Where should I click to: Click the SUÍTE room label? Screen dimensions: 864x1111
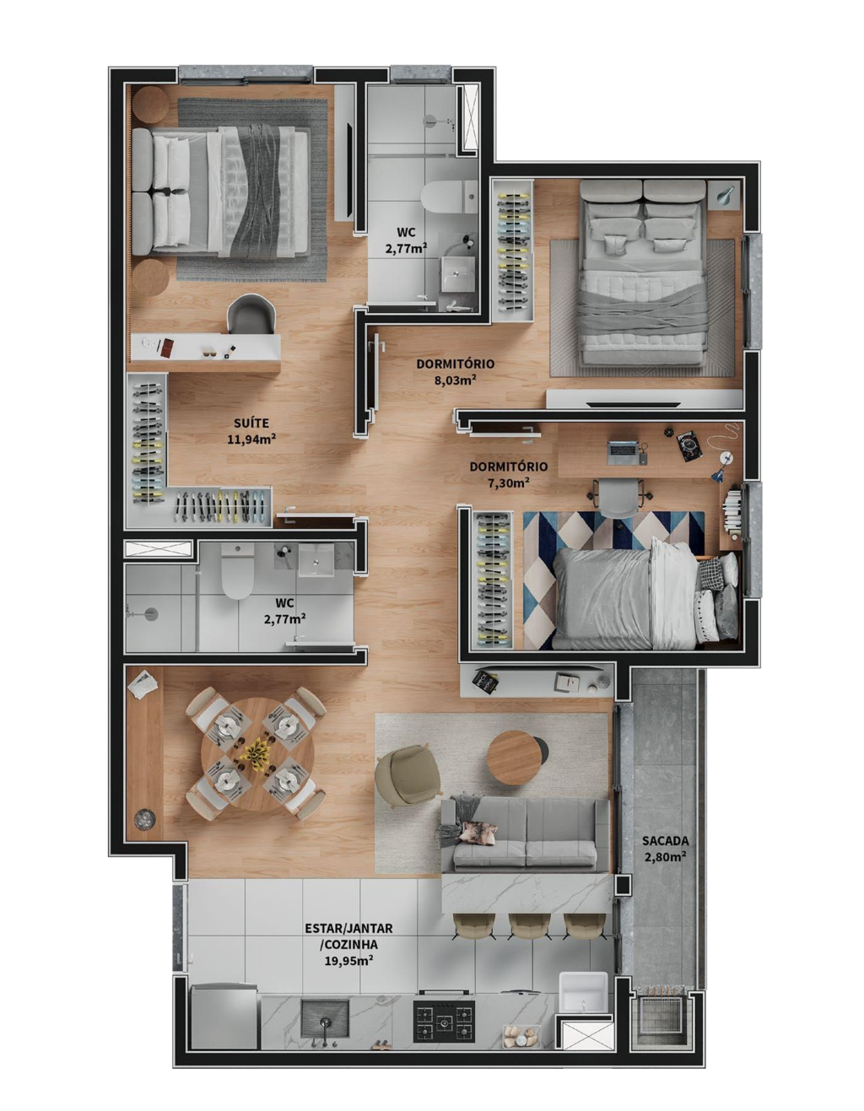pos(251,423)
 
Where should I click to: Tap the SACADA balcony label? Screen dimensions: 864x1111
pos(665,840)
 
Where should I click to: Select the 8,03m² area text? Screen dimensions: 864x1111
pos(455,380)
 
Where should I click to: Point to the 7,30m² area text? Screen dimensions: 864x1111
pos(508,483)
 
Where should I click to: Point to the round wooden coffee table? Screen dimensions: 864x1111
pos(513,758)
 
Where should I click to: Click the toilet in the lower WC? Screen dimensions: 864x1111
pos(238,569)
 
